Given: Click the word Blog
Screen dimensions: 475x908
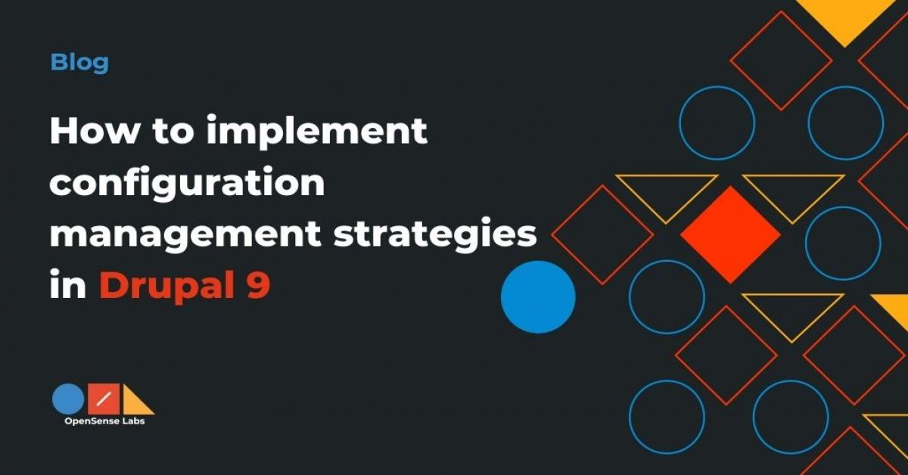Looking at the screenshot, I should coord(79,62).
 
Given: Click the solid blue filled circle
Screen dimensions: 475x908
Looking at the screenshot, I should coord(538,297).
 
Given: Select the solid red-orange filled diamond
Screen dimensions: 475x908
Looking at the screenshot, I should coord(730,234).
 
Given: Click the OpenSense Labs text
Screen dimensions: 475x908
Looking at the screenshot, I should coord(104,422).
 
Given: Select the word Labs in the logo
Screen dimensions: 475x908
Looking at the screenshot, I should coord(132,422).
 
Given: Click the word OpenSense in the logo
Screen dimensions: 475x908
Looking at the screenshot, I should coord(90,422).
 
